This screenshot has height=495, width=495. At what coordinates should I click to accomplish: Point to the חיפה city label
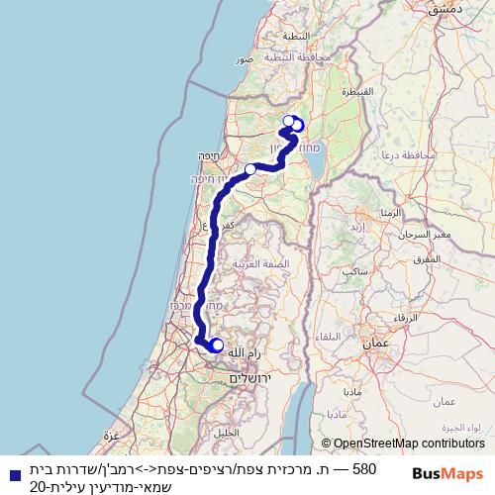tap(208, 155)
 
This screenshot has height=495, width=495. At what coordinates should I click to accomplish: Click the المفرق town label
tap(424, 258)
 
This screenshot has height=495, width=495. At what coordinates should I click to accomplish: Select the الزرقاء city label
tap(407, 319)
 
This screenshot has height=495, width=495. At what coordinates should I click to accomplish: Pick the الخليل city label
tap(228, 433)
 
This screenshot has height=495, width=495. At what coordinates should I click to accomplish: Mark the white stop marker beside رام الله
tap(218, 346)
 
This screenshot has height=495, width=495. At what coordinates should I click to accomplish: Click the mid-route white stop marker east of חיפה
tap(250, 169)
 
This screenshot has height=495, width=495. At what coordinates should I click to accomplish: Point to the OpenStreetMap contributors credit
tap(402, 445)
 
